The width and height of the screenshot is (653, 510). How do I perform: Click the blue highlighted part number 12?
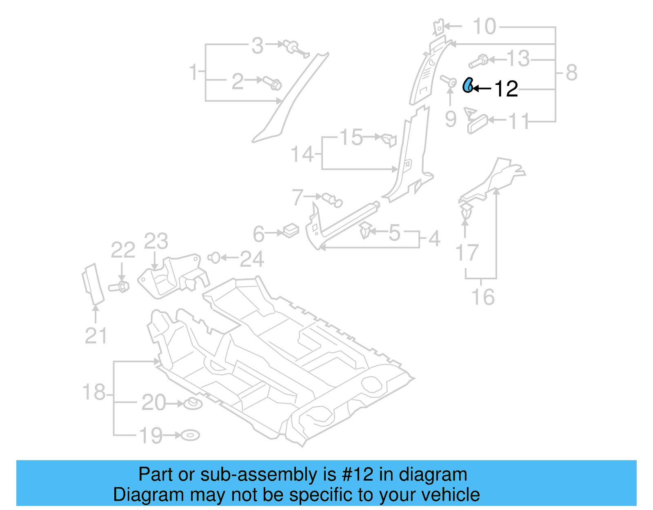tap(468, 86)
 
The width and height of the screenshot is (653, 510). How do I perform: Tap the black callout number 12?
tap(506, 89)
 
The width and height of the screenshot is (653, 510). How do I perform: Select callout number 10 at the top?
tap(484, 27)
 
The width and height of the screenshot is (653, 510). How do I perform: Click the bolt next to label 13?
tap(479, 61)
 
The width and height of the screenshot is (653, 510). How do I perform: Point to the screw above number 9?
tap(449, 81)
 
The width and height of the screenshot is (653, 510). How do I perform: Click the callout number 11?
tap(519, 121)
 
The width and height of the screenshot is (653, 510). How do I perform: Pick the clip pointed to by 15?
tap(389, 139)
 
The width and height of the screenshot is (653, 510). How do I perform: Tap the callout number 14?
tap(302, 154)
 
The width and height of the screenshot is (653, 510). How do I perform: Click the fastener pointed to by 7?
tap(332, 200)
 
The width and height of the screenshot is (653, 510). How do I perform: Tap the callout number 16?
tap(483, 297)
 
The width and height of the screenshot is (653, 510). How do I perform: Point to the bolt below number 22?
tap(119, 286)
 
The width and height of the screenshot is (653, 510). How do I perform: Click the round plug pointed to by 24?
tap(214, 258)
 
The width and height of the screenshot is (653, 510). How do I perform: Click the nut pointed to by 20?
tap(193, 404)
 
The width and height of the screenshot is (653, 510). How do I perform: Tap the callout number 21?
tap(96, 336)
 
